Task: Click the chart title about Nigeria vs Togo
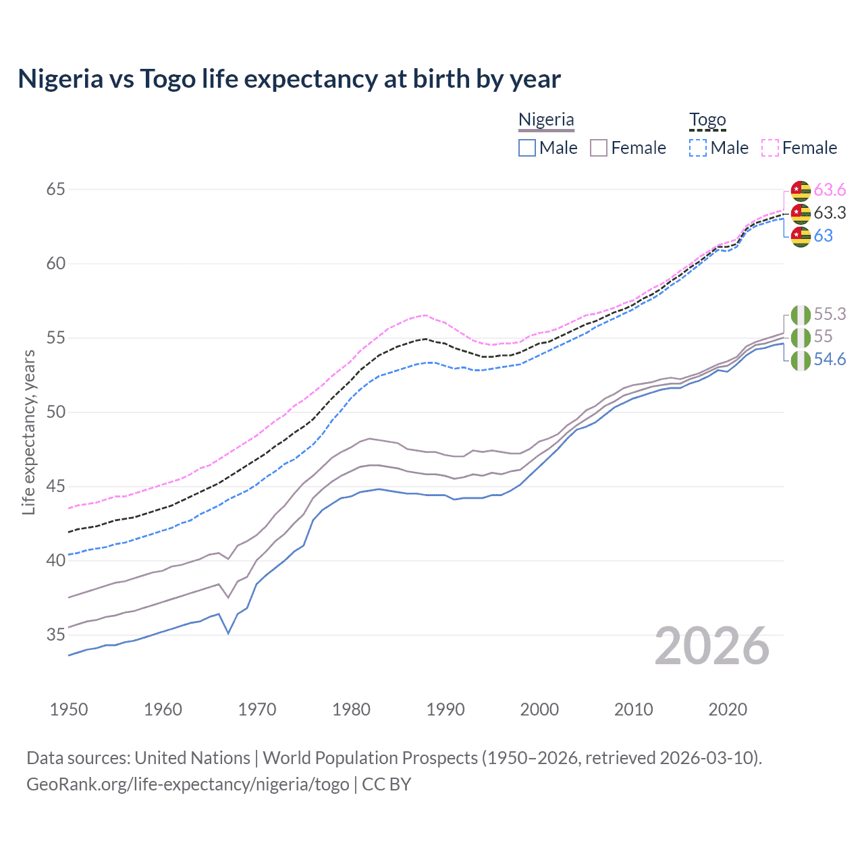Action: (x=289, y=79)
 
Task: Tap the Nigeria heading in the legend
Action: (x=546, y=119)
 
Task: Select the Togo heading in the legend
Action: (x=707, y=119)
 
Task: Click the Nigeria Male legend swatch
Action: (x=527, y=148)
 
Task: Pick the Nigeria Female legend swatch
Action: (x=599, y=148)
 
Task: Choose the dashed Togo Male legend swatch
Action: (x=698, y=148)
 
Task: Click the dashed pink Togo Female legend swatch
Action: (x=770, y=148)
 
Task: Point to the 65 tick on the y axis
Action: (x=55, y=190)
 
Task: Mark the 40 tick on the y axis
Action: (x=55, y=560)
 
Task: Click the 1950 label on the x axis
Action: (x=69, y=709)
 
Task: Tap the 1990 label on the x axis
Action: (x=446, y=709)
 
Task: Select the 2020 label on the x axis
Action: (x=728, y=709)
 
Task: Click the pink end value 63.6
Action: (x=830, y=190)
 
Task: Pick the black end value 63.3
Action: (x=830, y=213)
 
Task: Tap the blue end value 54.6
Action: (x=830, y=360)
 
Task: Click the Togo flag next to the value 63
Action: (x=801, y=237)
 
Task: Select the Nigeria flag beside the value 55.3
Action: (x=801, y=315)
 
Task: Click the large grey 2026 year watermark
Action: (x=712, y=646)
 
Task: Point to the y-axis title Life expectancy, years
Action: (x=28, y=432)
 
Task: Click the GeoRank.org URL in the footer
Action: (x=188, y=784)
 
